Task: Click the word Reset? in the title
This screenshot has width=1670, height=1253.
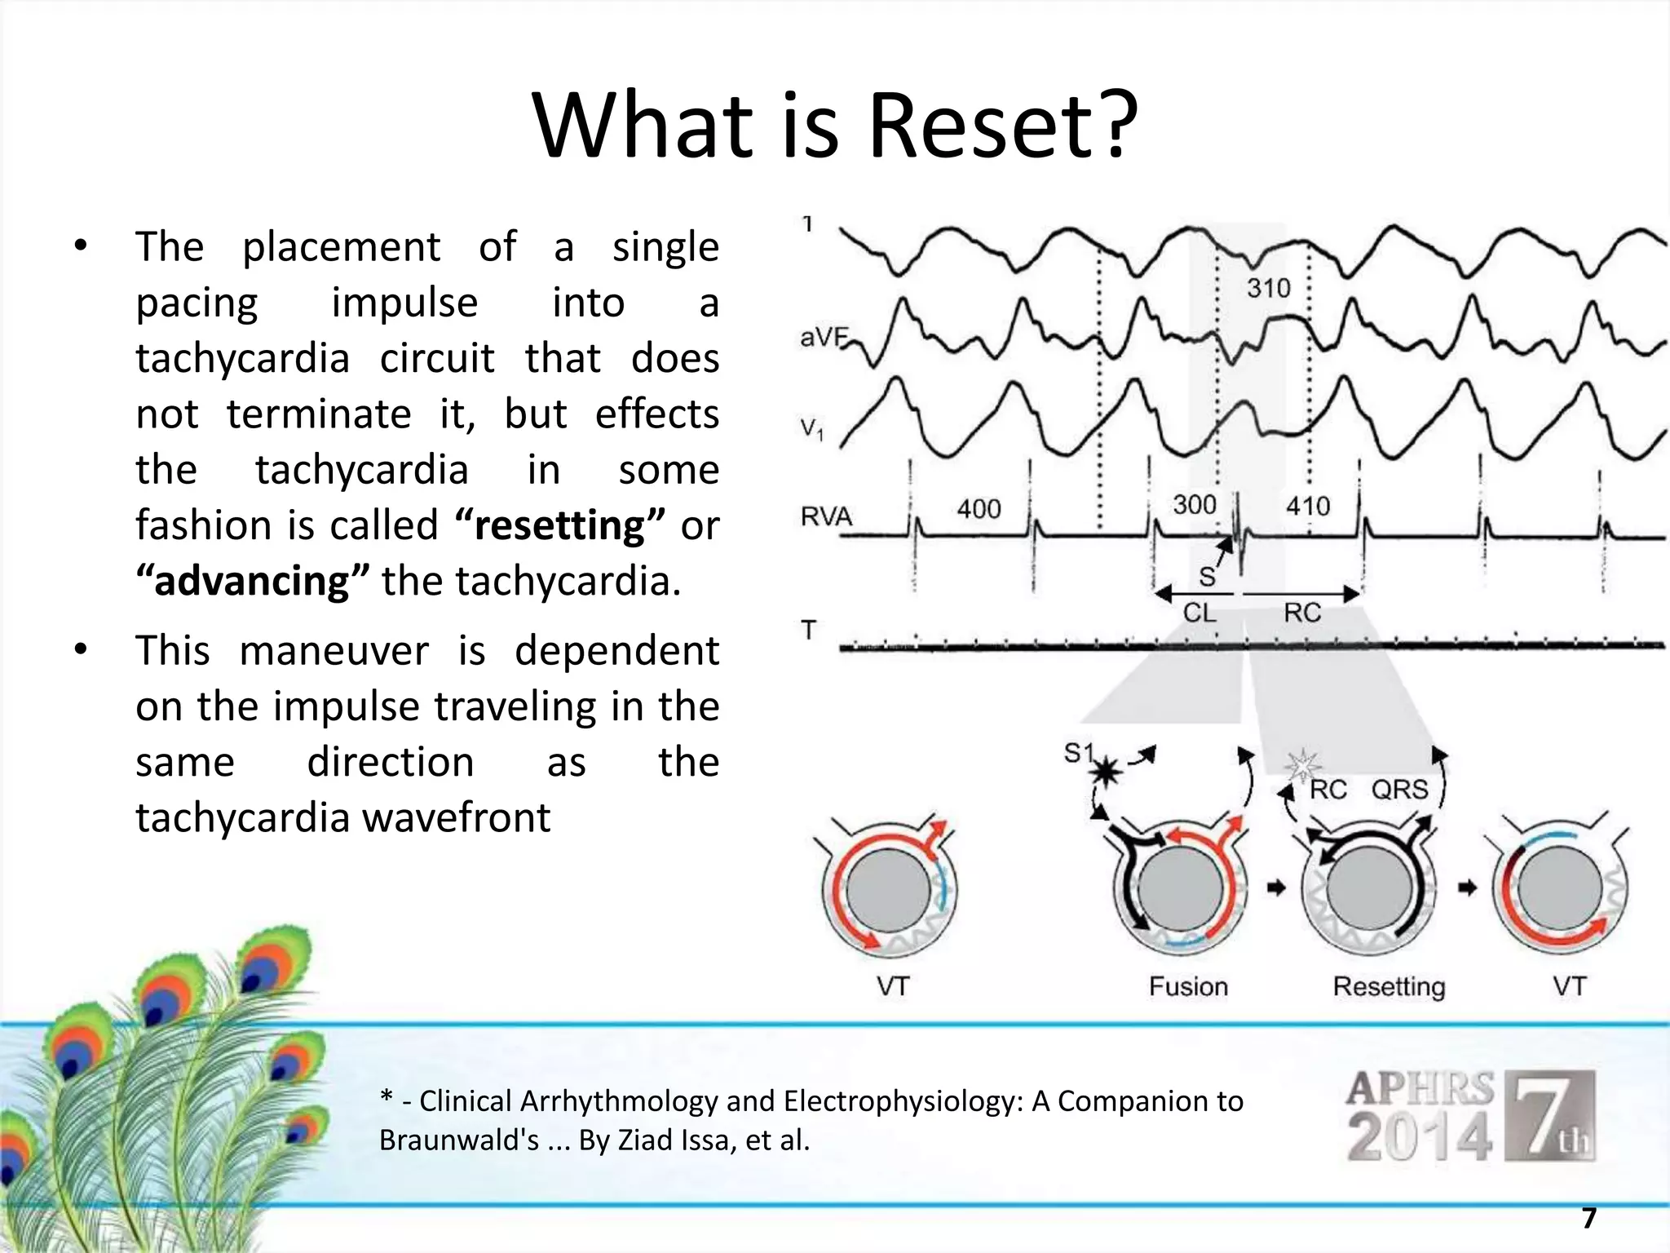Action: tap(1002, 126)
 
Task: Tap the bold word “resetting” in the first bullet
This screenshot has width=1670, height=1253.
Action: tap(560, 525)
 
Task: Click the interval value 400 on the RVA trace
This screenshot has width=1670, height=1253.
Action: tap(979, 509)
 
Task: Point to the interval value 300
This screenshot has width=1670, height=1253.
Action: tap(1194, 505)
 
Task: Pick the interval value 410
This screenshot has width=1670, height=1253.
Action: tap(1307, 507)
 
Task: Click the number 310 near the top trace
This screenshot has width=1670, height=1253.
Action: tap(1268, 288)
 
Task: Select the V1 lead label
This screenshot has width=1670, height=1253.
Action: tap(812, 428)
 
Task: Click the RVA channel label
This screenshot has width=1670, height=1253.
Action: tap(826, 516)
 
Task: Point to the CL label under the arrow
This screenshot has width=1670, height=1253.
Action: tap(1199, 613)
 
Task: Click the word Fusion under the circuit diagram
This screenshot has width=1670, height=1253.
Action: tap(1188, 987)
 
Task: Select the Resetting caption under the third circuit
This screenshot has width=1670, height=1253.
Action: tap(1389, 987)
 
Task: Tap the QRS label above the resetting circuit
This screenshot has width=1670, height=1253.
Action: tap(1399, 790)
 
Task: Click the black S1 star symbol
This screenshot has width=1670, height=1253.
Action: tap(1106, 770)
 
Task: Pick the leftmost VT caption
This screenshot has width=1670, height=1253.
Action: tap(893, 987)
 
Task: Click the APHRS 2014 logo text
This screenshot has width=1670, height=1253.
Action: tap(1420, 1116)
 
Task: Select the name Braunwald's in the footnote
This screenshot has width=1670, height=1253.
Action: tap(459, 1140)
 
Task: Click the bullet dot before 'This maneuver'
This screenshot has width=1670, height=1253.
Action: tap(80, 650)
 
